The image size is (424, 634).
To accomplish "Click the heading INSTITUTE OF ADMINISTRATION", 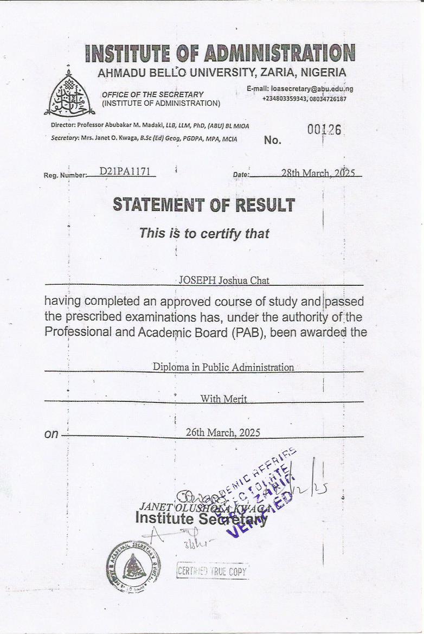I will (x=220, y=53).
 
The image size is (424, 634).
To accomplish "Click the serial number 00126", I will (x=324, y=130).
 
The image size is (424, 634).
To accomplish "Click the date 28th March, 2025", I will (x=318, y=173).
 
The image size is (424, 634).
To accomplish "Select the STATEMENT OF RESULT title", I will (x=204, y=205).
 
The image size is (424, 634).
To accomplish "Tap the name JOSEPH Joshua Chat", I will (x=224, y=280).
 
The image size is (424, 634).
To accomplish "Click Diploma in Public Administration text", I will (x=223, y=367).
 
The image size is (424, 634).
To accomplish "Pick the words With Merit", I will (x=223, y=399).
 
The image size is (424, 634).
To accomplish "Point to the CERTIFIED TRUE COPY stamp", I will (x=213, y=571).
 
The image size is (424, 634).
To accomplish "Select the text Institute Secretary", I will (x=201, y=519).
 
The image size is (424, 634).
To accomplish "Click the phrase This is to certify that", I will (x=204, y=234).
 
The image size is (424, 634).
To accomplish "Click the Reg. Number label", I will (x=65, y=175).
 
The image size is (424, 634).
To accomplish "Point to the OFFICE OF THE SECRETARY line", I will (x=153, y=94).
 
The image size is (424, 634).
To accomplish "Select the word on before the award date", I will (x=52, y=434).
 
